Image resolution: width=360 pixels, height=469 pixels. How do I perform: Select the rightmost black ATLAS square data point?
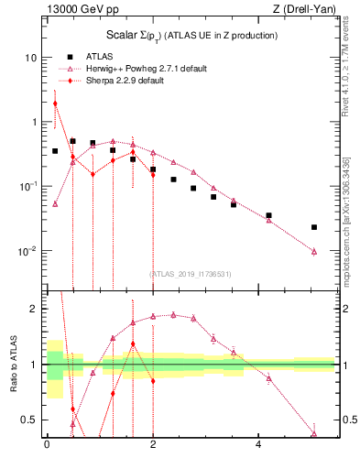tap(314, 227)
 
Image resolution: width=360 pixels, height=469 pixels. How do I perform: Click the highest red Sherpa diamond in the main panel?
tap(55, 104)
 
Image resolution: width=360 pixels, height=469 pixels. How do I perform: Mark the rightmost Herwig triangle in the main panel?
tap(314, 251)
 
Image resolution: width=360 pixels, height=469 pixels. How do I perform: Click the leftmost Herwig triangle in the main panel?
tap(55, 204)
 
